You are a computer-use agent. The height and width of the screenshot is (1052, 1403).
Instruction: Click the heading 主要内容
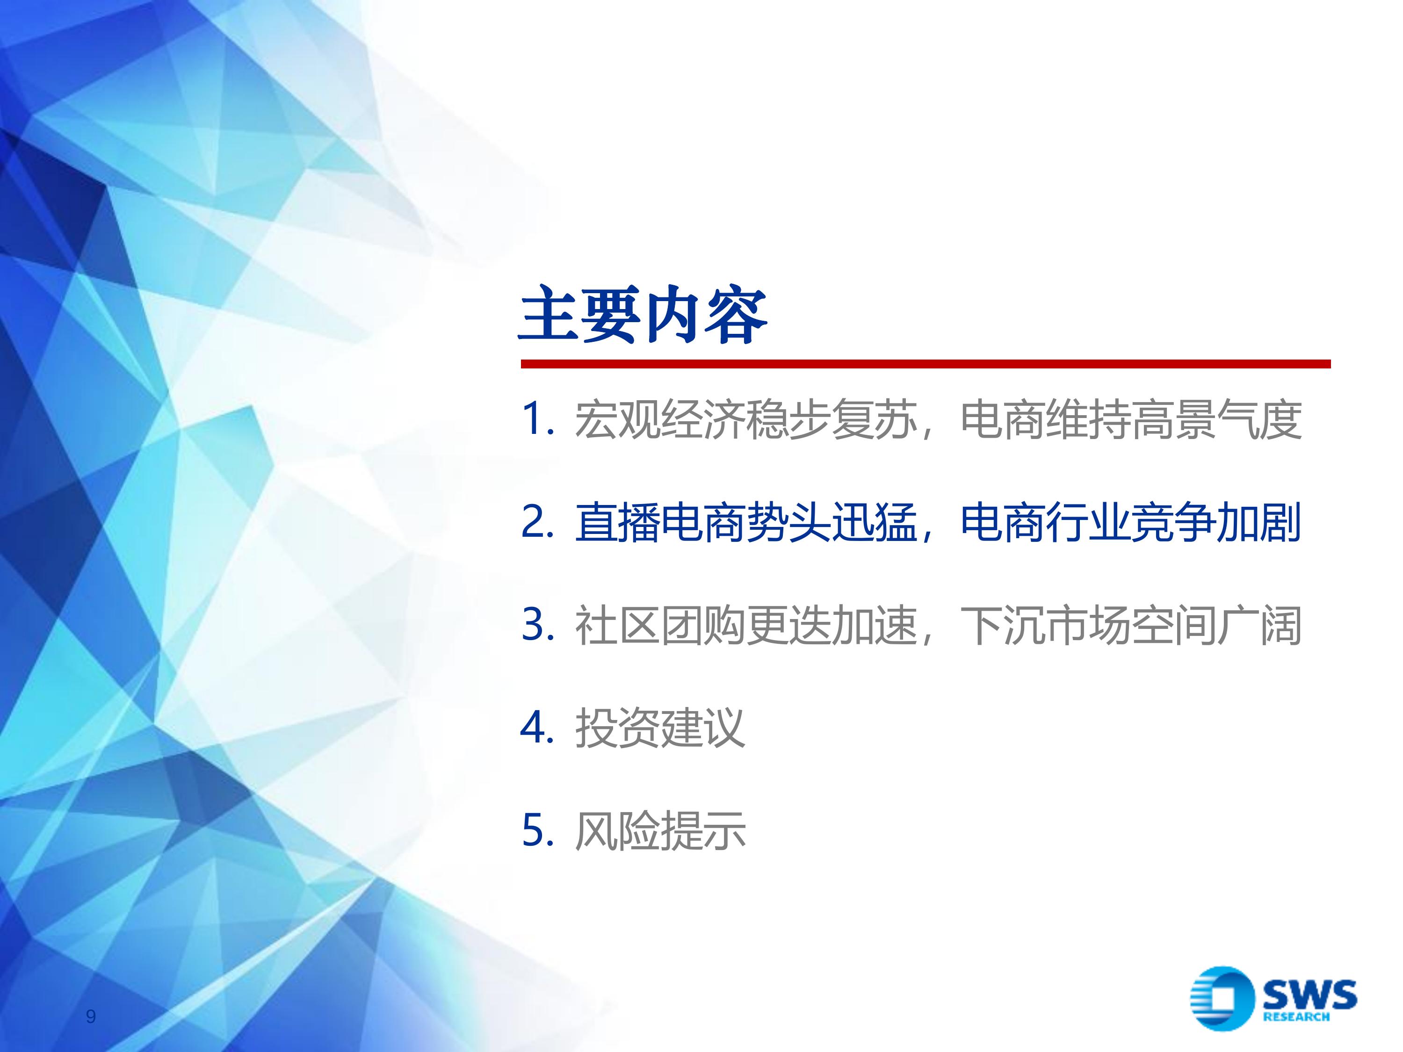(643, 315)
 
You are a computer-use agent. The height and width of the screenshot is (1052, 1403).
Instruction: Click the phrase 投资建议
(659, 728)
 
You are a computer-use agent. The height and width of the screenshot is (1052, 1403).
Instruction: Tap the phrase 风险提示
(659, 831)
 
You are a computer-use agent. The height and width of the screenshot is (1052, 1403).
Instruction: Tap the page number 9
(91, 1016)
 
